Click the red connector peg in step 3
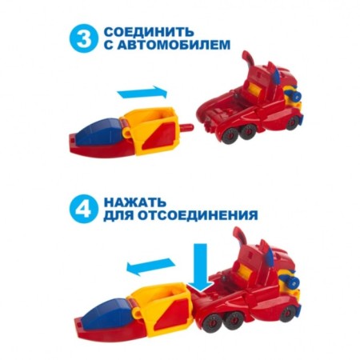(190, 126)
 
